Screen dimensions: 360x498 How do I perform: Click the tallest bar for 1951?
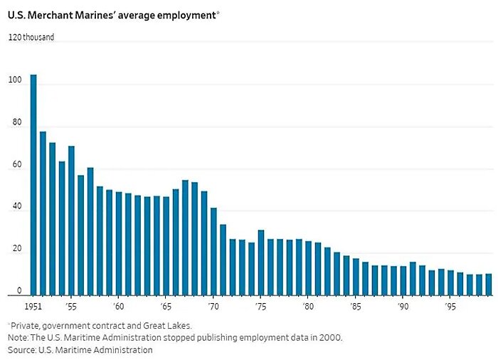(33, 185)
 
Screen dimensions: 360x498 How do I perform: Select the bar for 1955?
(71, 221)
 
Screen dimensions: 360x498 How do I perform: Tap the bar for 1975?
(261, 262)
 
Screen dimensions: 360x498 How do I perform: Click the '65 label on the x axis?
(165, 307)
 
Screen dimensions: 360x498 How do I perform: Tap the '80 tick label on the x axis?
(307, 307)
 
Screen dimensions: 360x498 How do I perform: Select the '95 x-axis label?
(450, 307)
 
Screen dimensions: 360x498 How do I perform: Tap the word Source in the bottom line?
(21, 350)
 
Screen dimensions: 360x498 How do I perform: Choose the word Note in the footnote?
(17, 337)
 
